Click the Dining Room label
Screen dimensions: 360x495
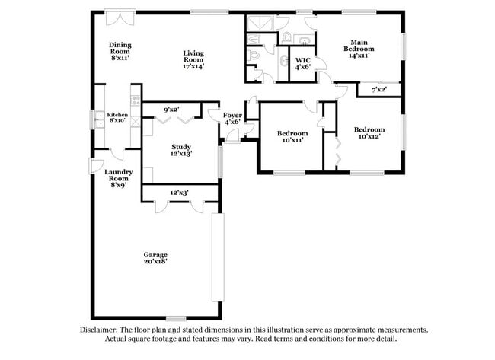(x=120, y=51)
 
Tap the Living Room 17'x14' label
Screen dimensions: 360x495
(x=193, y=59)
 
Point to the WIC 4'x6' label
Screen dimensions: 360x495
(x=302, y=62)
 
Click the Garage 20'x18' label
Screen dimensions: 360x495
(x=155, y=257)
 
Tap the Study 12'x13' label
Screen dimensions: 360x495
(x=180, y=150)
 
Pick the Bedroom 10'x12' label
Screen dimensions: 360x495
(x=369, y=132)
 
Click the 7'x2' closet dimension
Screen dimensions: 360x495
(x=378, y=90)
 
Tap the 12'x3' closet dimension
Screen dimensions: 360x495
(x=178, y=193)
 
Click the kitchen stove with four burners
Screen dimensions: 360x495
(x=136, y=97)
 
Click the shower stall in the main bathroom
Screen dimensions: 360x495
(x=258, y=23)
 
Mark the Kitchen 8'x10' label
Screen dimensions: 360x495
(x=117, y=117)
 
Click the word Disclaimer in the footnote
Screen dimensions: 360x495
(x=101, y=330)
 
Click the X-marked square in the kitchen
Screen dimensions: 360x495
(x=136, y=122)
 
